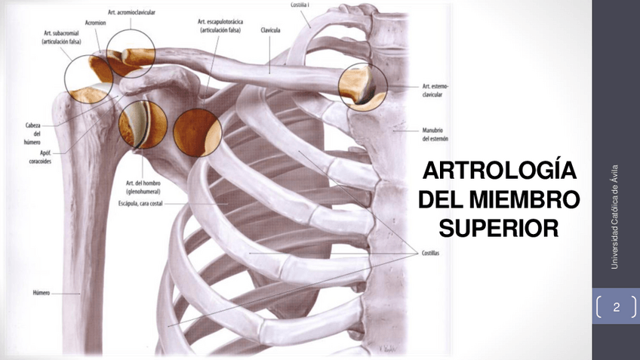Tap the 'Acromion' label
[96, 24]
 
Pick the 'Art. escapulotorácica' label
[220, 26]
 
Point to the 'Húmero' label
[41, 292]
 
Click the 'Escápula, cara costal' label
[140, 203]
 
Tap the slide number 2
[617, 307]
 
